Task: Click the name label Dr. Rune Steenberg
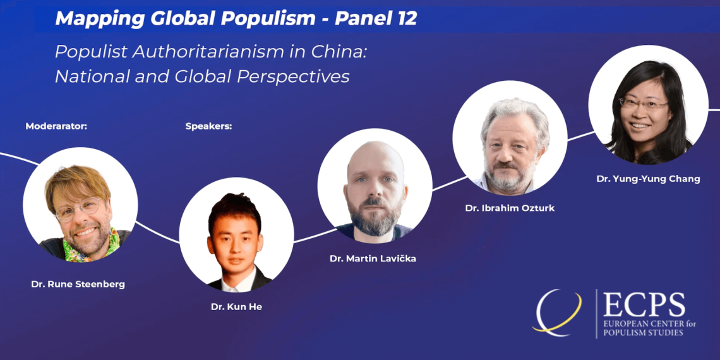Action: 78,284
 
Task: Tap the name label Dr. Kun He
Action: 236,307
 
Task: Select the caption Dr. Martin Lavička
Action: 373,258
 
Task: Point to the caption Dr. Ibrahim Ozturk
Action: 510,208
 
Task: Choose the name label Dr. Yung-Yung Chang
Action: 649,179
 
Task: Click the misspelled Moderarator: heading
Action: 56,126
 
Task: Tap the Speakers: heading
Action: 208,126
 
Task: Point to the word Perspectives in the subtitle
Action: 293,76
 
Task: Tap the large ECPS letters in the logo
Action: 644,305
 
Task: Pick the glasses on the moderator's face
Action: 78,208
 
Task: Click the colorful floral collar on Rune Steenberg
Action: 92,248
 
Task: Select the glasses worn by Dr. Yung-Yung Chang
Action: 642,103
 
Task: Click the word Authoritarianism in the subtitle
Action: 219,52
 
